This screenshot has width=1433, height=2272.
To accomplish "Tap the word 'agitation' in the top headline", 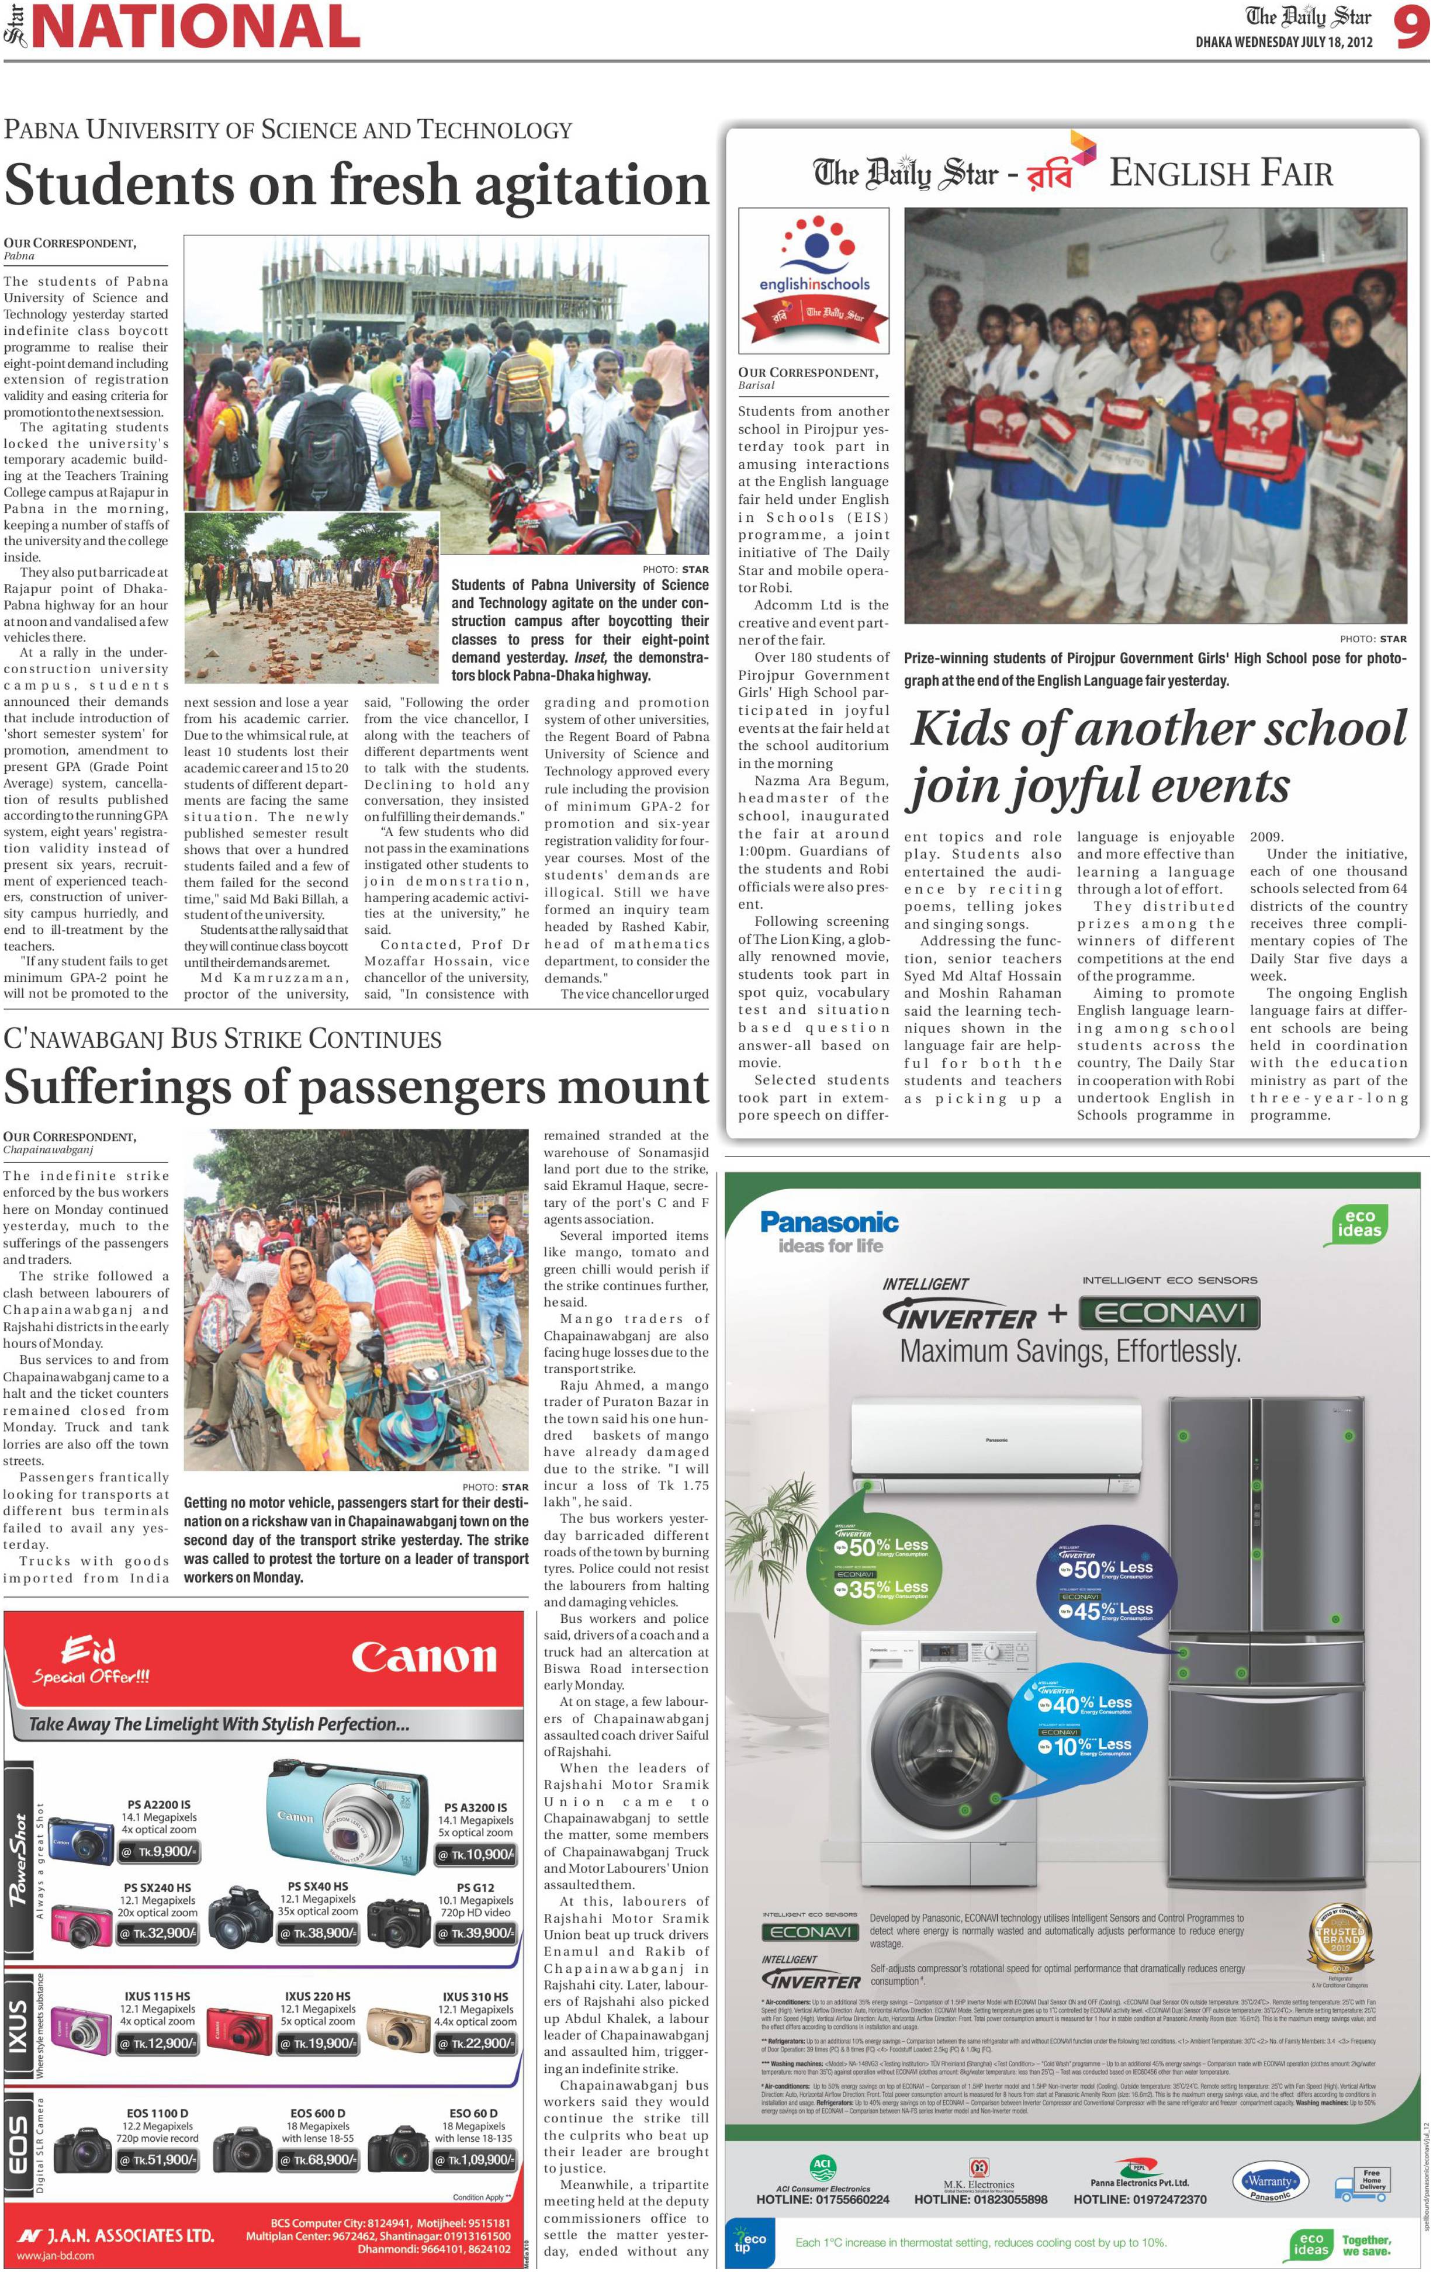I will [x=591, y=184].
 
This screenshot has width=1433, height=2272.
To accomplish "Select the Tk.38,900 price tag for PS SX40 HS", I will [x=317, y=1933].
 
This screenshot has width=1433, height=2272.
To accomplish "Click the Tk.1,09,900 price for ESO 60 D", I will [x=476, y=2160].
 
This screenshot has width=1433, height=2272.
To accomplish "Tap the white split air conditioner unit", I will [x=996, y=1443].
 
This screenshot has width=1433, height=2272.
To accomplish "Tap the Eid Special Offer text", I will [x=92, y=1661].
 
